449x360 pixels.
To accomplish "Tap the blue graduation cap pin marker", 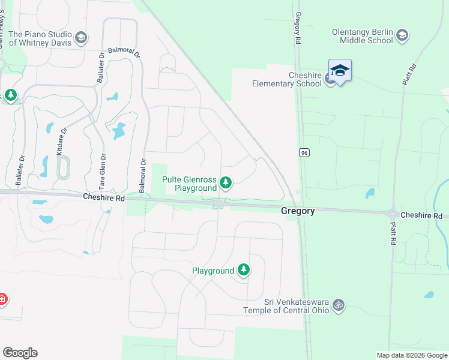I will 340,71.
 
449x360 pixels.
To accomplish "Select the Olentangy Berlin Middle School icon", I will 402,35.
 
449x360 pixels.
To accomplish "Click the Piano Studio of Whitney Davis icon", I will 81,38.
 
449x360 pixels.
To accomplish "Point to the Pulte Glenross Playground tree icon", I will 226,182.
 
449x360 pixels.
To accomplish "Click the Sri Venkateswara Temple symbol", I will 339,305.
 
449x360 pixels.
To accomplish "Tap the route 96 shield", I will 305,153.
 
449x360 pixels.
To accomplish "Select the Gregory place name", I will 298,211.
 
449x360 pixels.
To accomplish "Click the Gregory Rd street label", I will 298,30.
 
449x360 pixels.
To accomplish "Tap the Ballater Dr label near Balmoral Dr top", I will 100,68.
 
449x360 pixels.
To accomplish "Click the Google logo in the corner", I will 20,352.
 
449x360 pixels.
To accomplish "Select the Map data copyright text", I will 412,355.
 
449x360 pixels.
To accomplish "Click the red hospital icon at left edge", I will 2,298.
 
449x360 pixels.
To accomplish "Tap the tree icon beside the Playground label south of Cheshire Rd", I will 244,271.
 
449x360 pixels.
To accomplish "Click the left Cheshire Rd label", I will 103,197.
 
